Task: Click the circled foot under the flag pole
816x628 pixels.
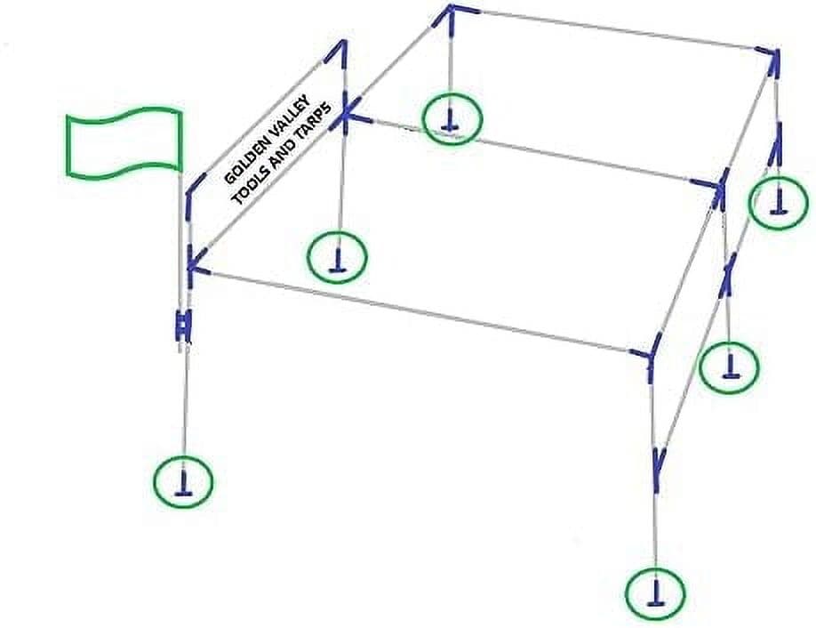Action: (183, 482)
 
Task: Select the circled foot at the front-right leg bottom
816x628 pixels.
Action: (655, 593)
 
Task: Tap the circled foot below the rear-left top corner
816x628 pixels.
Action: (452, 119)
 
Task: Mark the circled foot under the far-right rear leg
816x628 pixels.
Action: (779, 203)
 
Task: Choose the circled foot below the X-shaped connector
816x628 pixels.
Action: (729, 366)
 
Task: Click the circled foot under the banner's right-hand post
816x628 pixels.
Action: (337, 256)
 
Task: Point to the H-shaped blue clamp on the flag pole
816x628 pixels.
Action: (182, 326)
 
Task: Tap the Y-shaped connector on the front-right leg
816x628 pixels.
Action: (659, 468)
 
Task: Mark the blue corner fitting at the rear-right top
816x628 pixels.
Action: (772, 60)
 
